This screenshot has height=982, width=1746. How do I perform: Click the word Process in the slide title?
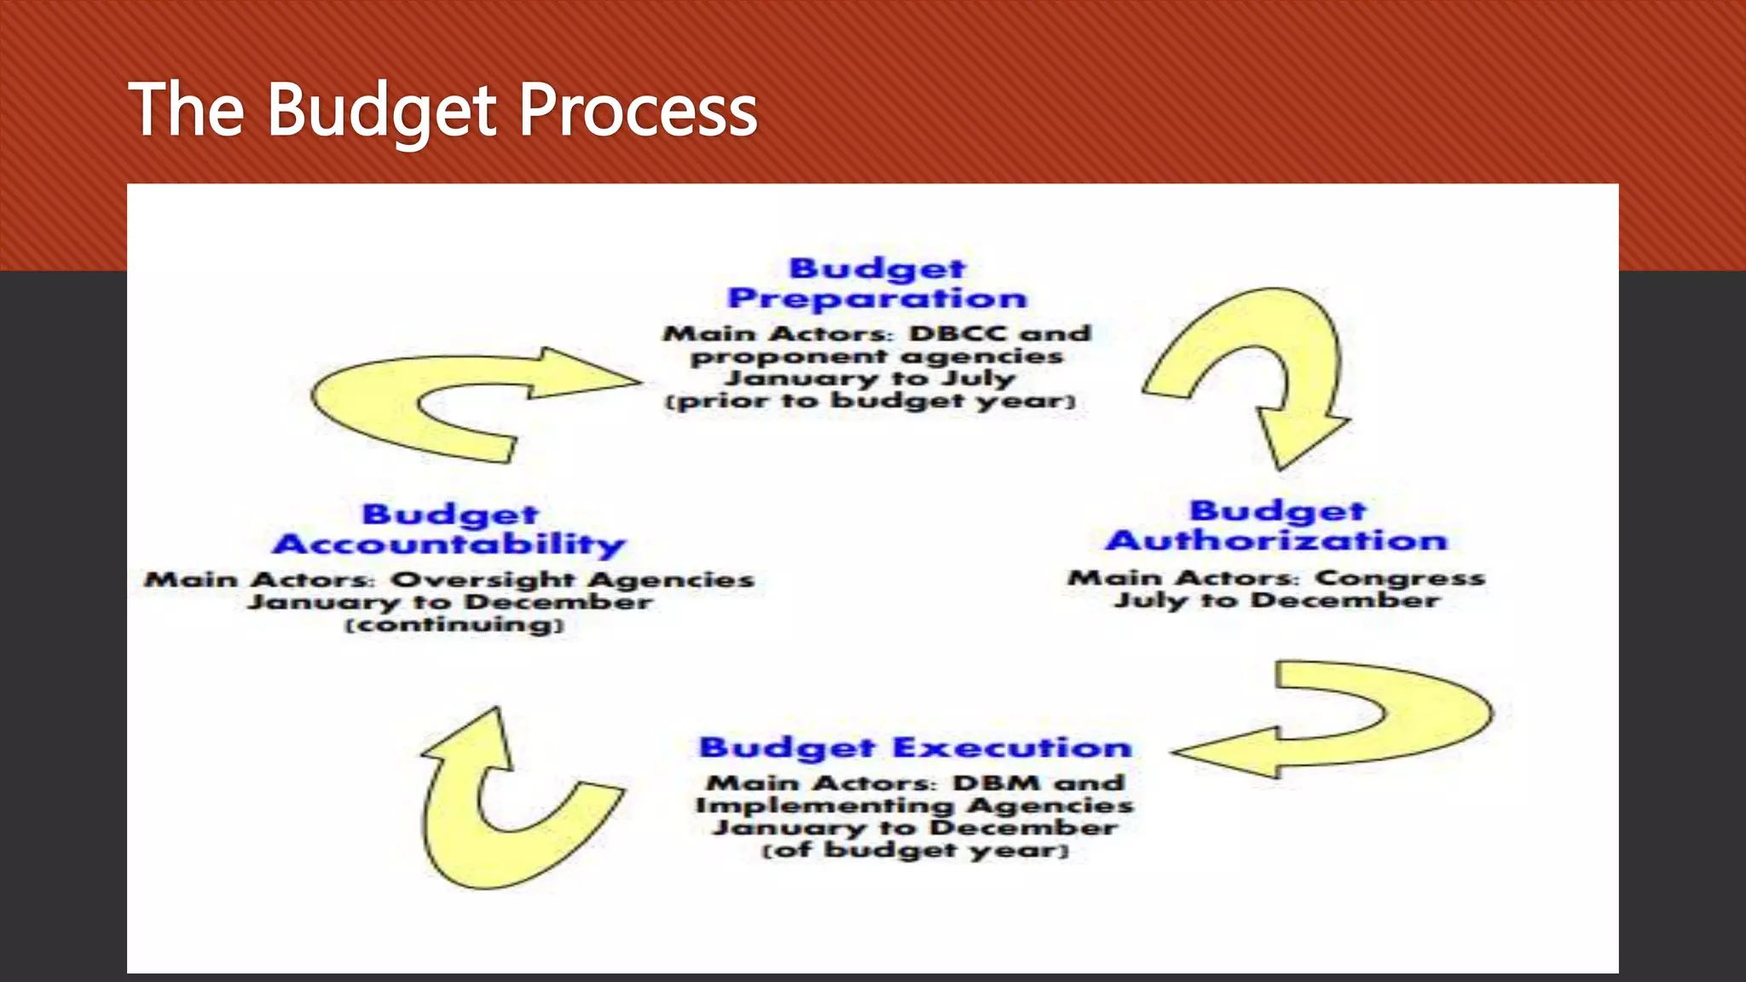(638, 110)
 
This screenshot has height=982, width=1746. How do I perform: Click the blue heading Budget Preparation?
(877, 284)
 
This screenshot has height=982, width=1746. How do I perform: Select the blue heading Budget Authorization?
(1277, 526)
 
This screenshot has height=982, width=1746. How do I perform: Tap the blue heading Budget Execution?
(915, 748)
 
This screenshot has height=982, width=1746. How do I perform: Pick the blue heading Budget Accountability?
(449, 529)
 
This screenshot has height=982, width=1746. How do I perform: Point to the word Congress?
(1399, 578)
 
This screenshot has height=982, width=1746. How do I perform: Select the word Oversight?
(483, 580)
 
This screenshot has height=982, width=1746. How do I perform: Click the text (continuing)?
(454, 625)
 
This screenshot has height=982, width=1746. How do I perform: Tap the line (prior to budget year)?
(870, 401)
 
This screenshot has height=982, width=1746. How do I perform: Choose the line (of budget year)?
(915, 850)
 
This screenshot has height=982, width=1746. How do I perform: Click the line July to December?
(1276, 600)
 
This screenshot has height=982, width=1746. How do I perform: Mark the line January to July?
(870, 378)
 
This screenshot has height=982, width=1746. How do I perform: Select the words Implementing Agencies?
(915, 805)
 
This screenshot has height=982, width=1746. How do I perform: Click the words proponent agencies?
(876, 355)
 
